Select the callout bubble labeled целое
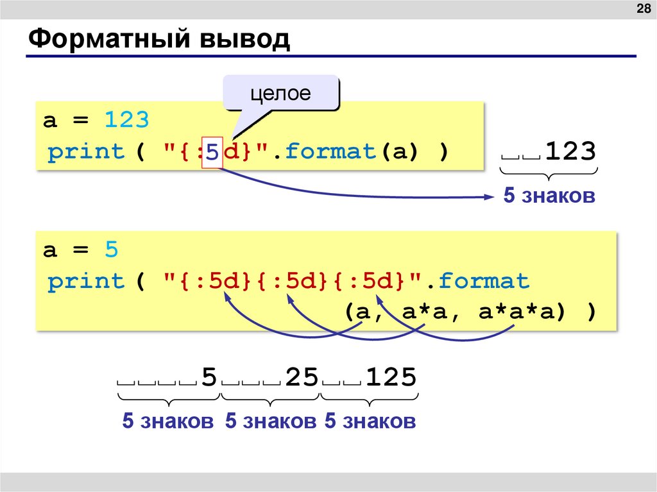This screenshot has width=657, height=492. (280, 94)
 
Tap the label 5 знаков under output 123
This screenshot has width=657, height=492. (549, 196)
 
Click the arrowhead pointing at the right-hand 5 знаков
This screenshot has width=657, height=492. (488, 197)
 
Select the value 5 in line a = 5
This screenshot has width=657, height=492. (112, 250)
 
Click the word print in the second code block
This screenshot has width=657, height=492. (86, 282)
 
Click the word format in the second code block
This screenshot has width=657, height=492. (484, 282)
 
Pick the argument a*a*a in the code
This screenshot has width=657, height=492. (515, 312)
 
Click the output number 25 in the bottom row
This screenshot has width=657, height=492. (302, 377)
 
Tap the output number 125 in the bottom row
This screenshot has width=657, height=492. (391, 377)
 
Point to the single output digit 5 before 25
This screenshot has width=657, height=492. (209, 377)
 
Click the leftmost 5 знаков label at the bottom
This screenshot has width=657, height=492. (167, 421)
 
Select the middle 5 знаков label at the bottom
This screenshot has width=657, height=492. (271, 421)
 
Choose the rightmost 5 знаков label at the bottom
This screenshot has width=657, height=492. (370, 421)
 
